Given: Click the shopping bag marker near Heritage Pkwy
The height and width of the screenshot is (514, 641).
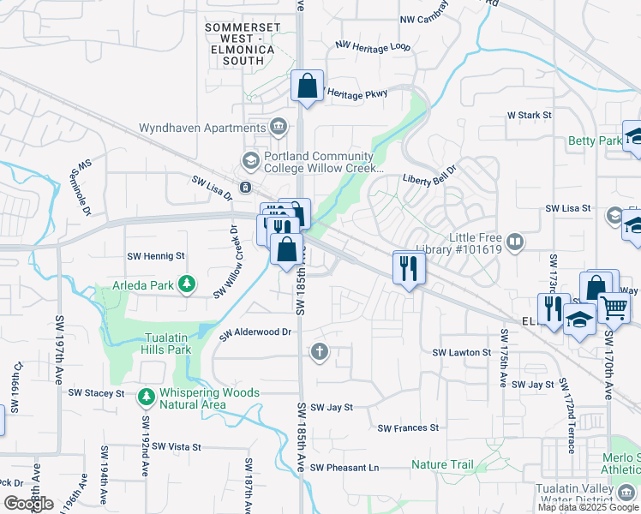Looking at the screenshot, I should pyautogui.click(x=307, y=87).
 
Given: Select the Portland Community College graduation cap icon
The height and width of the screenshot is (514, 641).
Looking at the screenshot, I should pyautogui.click(x=250, y=160).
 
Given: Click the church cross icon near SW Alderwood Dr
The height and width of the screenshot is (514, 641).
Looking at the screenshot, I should pyautogui.click(x=320, y=351).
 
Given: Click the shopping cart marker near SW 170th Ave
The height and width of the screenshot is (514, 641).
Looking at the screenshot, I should pyautogui.click(x=614, y=307).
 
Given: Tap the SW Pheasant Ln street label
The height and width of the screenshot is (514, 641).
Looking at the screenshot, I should pyautogui.click(x=344, y=468).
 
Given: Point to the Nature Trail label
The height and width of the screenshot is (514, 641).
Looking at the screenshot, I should pyautogui.click(x=442, y=465).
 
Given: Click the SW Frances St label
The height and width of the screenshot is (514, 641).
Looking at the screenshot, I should pyautogui.click(x=408, y=427).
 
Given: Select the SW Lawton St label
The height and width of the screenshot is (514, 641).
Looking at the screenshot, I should pyautogui.click(x=461, y=353).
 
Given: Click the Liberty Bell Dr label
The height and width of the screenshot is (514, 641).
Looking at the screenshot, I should pyautogui.click(x=432, y=180).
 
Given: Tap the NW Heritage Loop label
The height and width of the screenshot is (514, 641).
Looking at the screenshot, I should pyautogui.click(x=373, y=46).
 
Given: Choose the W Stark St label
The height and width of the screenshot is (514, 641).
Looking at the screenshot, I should pyautogui.click(x=529, y=114).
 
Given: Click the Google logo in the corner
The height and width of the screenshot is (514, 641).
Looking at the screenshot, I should pyautogui.click(x=28, y=504).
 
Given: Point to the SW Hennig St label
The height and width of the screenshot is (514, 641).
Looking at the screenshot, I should pyautogui.click(x=156, y=256).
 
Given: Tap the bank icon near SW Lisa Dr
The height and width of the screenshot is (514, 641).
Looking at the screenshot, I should pyautogui.click(x=246, y=187).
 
